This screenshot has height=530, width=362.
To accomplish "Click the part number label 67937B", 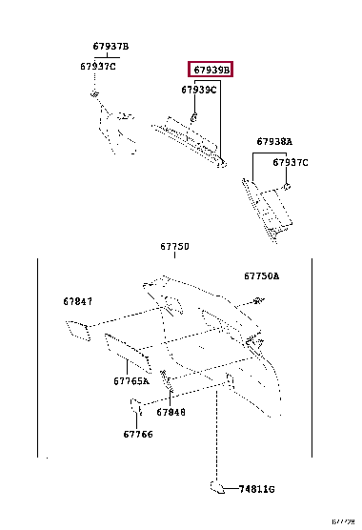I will point(111,47).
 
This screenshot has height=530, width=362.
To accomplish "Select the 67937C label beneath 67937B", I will point(98,66).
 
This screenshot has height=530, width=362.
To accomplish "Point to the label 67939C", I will point(199,90).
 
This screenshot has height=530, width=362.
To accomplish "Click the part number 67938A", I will point(274,141).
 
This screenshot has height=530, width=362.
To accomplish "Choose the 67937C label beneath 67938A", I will point(291,162).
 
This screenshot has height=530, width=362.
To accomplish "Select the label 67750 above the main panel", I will point(174,246).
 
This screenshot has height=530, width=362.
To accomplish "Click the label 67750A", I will point(261,276).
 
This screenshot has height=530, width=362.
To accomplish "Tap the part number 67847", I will point(78,301).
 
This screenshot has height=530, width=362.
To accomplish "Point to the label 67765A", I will point(131,380).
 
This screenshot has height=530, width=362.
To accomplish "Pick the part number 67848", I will point(171,413).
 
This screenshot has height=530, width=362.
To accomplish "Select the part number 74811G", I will point(257,489).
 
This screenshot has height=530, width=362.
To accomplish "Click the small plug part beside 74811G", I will point(217,487).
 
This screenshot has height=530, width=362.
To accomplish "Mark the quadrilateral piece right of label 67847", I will point(75,330).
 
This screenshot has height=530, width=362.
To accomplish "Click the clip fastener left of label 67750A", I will point(257,302).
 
